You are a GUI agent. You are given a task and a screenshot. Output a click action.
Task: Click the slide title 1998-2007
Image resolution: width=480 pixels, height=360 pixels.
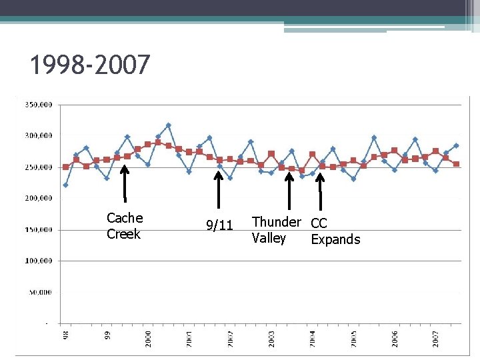tap(91, 65)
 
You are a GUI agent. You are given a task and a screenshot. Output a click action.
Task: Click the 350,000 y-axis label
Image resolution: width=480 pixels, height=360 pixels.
tap(39, 105)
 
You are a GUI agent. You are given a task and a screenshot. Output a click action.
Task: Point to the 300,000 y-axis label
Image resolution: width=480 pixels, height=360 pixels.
tap(39, 136)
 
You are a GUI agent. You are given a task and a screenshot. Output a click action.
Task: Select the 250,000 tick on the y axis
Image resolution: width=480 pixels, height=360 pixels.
tap(39, 167)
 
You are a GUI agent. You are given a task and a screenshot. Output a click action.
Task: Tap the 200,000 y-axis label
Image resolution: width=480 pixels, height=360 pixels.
tap(39, 199)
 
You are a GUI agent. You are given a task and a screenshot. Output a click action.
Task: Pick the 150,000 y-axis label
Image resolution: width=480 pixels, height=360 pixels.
tap(39, 230)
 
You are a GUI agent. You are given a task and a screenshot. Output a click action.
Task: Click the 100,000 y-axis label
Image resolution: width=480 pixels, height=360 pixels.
tap(39, 261)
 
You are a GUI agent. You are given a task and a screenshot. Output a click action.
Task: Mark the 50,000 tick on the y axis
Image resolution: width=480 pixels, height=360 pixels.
tap(41, 293)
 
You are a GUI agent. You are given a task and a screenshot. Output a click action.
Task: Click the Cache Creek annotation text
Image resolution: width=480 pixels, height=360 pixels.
tap(125, 226)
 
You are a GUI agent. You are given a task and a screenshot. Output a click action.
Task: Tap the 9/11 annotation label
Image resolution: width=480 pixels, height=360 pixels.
tap(219, 227)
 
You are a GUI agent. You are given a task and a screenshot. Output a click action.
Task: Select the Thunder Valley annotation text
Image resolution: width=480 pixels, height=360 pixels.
tap(276, 230)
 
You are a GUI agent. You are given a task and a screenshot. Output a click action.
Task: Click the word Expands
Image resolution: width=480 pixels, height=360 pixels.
tap(335, 239)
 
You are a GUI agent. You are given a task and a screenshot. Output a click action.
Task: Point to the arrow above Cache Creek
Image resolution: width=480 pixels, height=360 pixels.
tap(125, 183)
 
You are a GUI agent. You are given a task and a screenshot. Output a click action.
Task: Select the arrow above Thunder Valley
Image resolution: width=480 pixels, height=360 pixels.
tap(289, 191)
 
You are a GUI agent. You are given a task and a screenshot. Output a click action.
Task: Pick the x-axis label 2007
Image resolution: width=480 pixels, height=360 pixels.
tap(435, 338)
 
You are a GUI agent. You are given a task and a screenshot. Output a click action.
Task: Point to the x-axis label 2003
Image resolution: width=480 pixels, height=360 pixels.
tap(272, 338)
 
